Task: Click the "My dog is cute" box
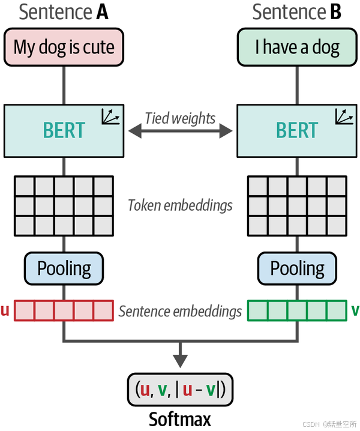[x=64, y=47]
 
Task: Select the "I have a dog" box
[x=296, y=47]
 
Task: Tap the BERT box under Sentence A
[x=64, y=130]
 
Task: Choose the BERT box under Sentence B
[x=296, y=130]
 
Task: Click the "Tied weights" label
[x=180, y=118]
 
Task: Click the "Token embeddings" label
[x=180, y=205]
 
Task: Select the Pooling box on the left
[x=64, y=268]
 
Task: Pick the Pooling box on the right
[x=296, y=268]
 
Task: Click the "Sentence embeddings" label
[x=180, y=311]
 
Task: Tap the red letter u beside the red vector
[x=5, y=311]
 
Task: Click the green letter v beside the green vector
[x=355, y=311]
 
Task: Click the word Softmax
[x=180, y=418]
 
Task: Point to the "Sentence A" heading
[x=64, y=12]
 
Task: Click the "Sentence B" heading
[x=296, y=12]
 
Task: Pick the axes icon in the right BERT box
[x=344, y=116]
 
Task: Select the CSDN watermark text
[x=329, y=424]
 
